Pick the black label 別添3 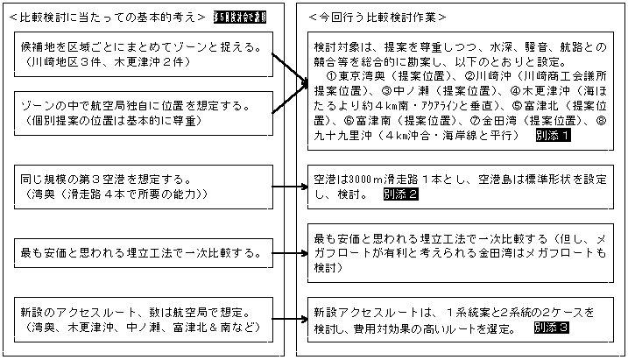(551, 327)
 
